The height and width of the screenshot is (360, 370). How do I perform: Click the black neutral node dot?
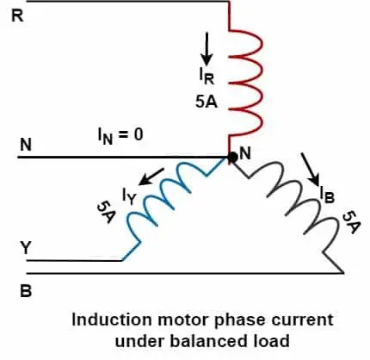click(232, 158)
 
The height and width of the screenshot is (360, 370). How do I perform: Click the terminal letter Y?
click(26, 248)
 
